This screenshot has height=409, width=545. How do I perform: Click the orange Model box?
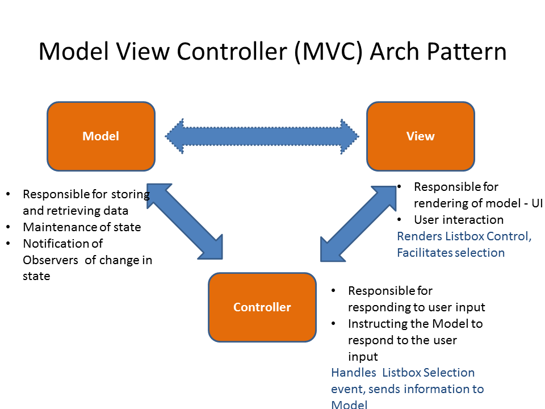coord(101,136)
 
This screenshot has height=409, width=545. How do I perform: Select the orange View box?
coord(420,136)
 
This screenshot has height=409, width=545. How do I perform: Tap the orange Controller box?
coord(262,307)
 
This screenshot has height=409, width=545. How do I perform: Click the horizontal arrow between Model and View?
coord(262,136)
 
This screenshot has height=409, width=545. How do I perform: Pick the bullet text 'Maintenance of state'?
coord(82,227)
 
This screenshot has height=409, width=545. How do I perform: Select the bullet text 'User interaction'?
coord(459,220)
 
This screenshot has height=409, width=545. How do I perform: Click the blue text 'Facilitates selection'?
coord(451,253)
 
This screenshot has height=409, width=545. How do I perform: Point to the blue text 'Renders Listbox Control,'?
coord(464,236)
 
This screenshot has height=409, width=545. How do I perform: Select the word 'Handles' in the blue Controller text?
coord(354,373)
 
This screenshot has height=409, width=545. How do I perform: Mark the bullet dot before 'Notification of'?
coord(7,244)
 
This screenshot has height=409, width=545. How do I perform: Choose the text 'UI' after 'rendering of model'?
coord(535,203)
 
